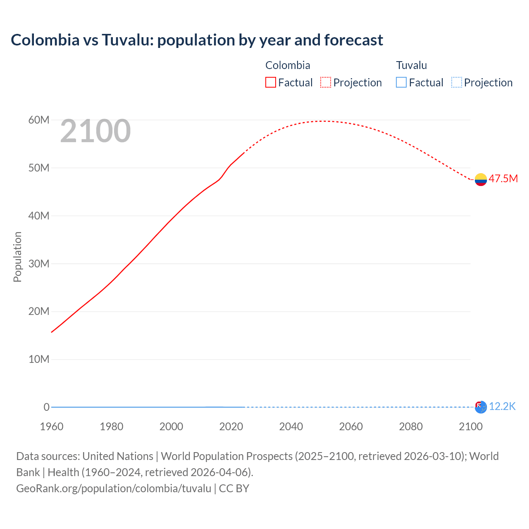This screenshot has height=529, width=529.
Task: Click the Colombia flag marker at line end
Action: pos(481,179)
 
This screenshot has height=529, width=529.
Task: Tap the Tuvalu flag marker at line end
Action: pos(481,407)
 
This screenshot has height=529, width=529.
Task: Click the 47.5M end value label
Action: pos(503,179)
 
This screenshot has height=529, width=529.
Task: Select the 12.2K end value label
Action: pos(502,407)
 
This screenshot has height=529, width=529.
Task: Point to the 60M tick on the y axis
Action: pos(39,120)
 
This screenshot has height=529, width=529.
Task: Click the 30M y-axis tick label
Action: pos(39,264)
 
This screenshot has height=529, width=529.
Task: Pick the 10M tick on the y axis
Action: pos(39,360)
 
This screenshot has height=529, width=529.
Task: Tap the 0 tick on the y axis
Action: pos(46,407)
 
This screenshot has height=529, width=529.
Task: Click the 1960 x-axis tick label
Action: pos(52,427)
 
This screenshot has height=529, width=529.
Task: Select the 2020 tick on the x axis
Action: pos(231,427)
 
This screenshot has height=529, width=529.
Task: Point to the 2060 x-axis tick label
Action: pos(351,427)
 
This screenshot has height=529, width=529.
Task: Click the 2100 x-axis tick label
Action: pos(470,427)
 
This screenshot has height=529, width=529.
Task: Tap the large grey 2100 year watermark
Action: pos(95,131)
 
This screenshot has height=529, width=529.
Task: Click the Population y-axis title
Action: pos(17,257)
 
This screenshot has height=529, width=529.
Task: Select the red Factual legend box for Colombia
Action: pos(271,83)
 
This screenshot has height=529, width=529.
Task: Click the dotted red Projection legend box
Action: pos(326,83)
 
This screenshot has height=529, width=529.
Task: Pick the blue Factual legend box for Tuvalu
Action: pos(401,83)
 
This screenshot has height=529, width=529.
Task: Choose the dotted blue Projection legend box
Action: pos(456,83)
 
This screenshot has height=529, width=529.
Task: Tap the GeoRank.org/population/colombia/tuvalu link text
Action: pos(114,488)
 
